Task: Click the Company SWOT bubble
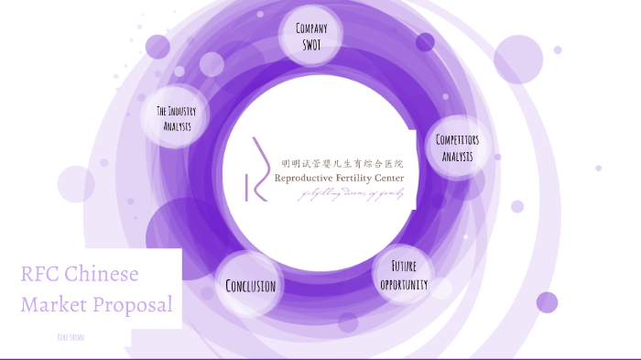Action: (311, 36)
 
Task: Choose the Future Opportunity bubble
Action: (404, 274)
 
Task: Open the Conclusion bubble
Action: (250, 285)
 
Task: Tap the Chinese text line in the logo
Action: (342, 162)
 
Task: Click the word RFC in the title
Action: (41, 275)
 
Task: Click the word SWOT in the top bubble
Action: (311, 43)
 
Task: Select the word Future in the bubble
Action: (405, 266)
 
